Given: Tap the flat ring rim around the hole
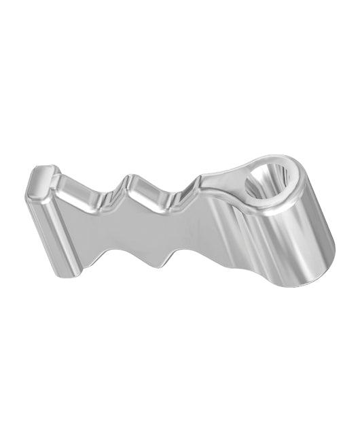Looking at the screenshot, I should [293, 198].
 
